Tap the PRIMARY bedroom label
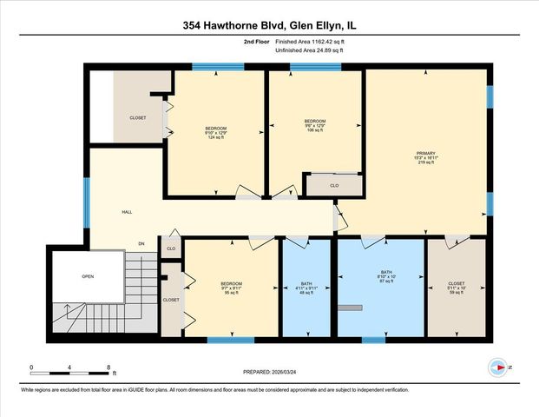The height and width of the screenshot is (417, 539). coord(424,153)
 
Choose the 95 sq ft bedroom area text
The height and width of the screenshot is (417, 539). coord(231,294)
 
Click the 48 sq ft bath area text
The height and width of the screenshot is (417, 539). coord(306,293)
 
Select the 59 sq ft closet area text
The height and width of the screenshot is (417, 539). coord(457,294)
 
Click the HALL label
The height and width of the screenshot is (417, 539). coord(127,211)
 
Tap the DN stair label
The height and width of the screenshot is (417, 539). coord(141,243)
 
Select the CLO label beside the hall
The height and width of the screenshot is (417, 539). coord(171,248)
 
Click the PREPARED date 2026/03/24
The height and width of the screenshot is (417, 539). coord(269,372)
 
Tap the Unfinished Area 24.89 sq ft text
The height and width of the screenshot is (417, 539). coord(310,50)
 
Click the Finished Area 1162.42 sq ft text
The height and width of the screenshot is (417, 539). coord(310,41)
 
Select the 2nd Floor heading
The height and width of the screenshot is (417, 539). coord(257,41)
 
